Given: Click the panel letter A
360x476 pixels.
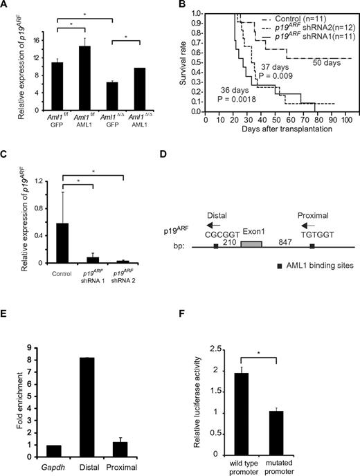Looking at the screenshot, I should point(6,6).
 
